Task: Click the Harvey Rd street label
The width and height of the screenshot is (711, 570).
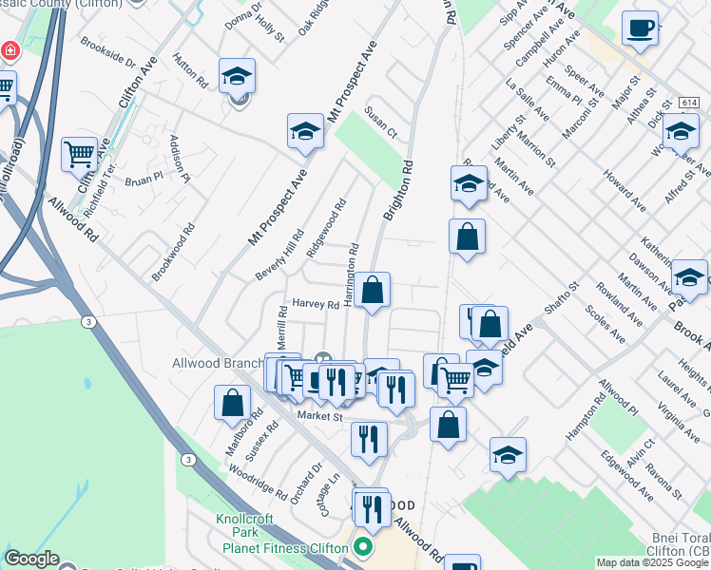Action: pos(316,304)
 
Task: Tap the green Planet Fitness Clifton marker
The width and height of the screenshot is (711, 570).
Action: pos(363,547)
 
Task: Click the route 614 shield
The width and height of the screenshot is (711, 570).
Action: pos(689,102)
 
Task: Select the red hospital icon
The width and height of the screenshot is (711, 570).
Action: pos(10,49)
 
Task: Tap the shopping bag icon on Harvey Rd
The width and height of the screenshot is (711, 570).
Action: pos(373,289)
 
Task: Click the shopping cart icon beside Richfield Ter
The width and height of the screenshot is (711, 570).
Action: pos(79,152)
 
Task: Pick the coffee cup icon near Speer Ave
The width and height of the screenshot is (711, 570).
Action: pos(640,27)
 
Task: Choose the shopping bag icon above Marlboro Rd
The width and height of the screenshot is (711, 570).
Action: pos(232,402)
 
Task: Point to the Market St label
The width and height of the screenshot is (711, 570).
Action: pos(317,416)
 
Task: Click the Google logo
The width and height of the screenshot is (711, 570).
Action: pos(31,559)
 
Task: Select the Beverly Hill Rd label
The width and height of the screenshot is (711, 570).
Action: pos(279,255)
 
